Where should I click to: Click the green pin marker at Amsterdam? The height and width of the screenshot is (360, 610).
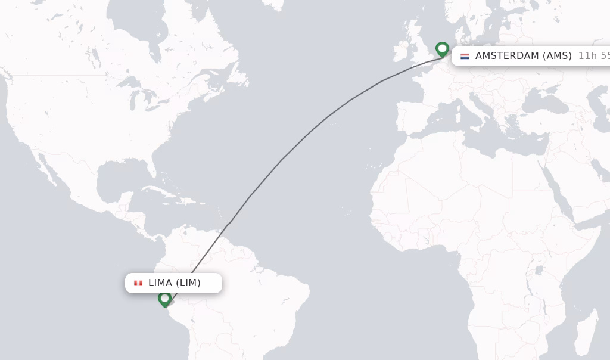pyautogui.click(x=442, y=49)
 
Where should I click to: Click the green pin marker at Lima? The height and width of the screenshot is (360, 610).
pyautogui.click(x=165, y=298)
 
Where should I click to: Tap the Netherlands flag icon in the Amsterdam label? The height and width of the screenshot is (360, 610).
pyautogui.click(x=465, y=56)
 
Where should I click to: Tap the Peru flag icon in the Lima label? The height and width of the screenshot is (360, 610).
pyautogui.click(x=138, y=283)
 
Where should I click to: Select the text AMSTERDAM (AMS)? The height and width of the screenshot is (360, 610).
pyautogui.click(x=523, y=56)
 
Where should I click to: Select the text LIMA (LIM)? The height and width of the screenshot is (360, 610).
pyautogui.click(x=175, y=283)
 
